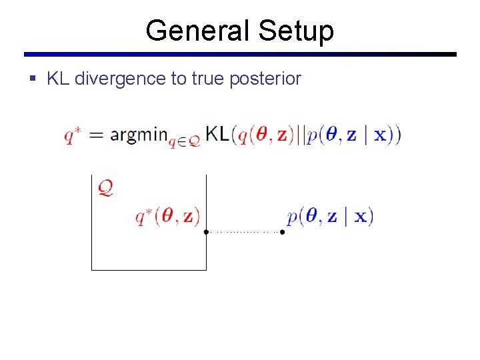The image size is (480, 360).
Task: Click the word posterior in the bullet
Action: click(x=265, y=79)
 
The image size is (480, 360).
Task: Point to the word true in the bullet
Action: click(x=207, y=79)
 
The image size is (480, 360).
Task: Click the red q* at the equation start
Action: click(x=73, y=135)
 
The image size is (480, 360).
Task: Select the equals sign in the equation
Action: click(x=97, y=135)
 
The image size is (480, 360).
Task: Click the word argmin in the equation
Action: click(x=138, y=135)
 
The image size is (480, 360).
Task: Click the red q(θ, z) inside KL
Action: click(x=266, y=135)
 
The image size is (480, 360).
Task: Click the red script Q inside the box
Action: click(x=105, y=187)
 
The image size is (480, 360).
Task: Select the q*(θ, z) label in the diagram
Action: click(x=167, y=217)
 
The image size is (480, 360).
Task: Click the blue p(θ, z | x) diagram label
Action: click(x=330, y=217)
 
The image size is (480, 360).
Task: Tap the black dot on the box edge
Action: click(x=206, y=232)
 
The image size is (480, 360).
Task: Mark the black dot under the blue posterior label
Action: click(x=282, y=232)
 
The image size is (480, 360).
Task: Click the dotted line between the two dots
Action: click(x=244, y=232)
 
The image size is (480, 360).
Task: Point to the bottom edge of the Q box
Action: click(x=149, y=270)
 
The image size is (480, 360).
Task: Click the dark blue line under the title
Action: click(x=240, y=55)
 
